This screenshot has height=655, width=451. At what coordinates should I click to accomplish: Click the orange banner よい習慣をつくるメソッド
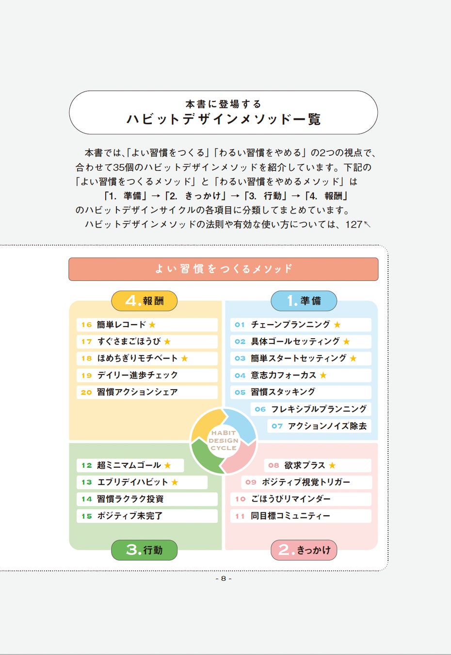(223, 269)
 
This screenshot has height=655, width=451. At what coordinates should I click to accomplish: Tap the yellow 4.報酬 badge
(144, 301)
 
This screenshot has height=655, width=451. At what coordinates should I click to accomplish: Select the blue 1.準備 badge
(304, 301)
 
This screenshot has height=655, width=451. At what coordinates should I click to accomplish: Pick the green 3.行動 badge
(144, 550)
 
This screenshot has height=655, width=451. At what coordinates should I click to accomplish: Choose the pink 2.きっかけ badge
(304, 550)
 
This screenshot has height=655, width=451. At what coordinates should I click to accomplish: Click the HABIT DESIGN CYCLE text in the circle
(223, 441)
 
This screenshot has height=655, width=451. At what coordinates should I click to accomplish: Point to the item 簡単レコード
(121, 325)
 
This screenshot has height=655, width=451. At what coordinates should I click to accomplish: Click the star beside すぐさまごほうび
(167, 342)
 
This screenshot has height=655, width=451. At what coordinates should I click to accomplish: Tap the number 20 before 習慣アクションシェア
(86, 393)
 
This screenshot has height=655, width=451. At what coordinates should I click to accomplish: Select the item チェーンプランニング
(290, 325)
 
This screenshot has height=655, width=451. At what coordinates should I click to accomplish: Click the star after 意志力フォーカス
(323, 376)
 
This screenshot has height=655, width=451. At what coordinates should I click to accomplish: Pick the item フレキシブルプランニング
(319, 409)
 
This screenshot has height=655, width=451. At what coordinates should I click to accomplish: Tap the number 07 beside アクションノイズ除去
(277, 426)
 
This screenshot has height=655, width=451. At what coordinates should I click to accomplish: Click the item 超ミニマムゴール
(129, 465)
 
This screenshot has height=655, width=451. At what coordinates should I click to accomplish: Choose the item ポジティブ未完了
(129, 516)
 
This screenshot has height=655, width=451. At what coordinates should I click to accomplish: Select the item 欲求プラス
(305, 465)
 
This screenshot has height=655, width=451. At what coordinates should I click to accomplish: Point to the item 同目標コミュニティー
(290, 516)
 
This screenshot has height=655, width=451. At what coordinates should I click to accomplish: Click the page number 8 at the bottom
(223, 578)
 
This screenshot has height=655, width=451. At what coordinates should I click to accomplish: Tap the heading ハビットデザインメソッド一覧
(223, 119)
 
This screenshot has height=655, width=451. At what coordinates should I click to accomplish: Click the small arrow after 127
(367, 224)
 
